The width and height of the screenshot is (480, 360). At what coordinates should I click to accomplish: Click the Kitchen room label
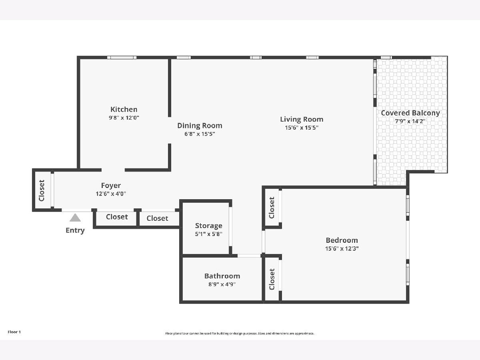click(124, 109)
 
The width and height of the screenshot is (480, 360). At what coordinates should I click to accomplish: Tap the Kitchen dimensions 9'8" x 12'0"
click(124, 118)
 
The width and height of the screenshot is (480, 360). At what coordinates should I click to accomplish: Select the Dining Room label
click(200, 126)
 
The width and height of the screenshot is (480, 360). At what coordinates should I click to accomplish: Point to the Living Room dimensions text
click(302, 128)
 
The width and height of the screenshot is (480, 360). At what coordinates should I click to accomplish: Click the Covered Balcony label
click(410, 113)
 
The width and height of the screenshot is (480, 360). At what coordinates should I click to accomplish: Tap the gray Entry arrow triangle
click(75, 218)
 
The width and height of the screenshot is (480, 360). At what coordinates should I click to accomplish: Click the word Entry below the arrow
click(75, 230)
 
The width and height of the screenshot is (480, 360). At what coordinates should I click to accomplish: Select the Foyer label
click(111, 186)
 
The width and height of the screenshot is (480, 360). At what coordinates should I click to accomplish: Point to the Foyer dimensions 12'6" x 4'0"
click(111, 194)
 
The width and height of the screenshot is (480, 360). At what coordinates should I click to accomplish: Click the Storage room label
click(209, 226)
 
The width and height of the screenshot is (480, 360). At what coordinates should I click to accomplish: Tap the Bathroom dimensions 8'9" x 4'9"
click(222, 284)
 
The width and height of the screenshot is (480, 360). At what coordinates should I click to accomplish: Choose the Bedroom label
click(342, 240)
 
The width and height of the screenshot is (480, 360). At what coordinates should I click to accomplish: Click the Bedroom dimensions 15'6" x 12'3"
click(342, 249)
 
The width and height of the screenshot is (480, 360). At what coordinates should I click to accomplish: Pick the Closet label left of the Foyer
click(42, 190)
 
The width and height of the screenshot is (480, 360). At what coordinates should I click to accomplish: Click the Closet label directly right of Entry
click(117, 217)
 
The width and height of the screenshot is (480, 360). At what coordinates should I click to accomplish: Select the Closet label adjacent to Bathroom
click(272, 279)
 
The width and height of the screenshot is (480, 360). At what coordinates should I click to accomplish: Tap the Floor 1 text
click(14, 332)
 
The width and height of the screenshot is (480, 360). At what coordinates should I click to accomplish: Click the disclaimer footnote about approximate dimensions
click(240, 333)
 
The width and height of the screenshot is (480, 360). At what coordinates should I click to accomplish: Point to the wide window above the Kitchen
click(122, 58)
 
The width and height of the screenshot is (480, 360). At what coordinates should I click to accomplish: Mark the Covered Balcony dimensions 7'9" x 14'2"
click(410, 121)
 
